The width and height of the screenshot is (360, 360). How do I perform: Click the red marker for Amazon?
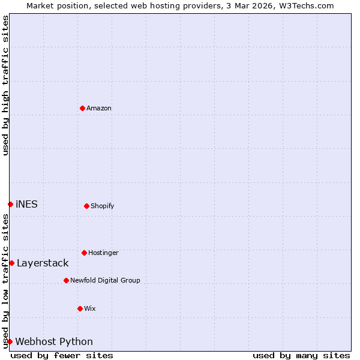(x=82, y=108)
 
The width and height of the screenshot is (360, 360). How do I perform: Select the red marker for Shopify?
(x=86, y=206)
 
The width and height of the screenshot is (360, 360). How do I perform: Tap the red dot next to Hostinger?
(x=84, y=253)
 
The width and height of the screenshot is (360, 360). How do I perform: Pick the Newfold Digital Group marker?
(x=66, y=280)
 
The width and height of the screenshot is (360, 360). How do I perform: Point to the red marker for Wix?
(x=80, y=308)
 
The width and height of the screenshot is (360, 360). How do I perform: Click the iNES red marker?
(x=10, y=204)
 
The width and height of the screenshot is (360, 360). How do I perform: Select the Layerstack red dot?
(x=11, y=263)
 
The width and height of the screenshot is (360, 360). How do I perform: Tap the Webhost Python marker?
(x=10, y=341)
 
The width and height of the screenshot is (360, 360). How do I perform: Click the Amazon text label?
(x=99, y=109)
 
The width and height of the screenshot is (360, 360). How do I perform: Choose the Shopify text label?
(x=103, y=206)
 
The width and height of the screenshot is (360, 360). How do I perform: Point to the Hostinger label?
(x=103, y=253)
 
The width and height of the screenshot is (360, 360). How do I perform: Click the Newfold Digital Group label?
(x=105, y=281)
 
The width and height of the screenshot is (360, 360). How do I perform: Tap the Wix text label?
(x=90, y=309)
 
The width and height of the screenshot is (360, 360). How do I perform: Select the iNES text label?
(x=26, y=205)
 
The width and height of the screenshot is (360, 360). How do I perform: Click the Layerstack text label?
(x=43, y=263)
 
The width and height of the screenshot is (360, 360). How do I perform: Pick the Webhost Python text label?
(x=54, y=342)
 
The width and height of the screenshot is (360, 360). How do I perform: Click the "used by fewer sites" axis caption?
(x=62, y=355)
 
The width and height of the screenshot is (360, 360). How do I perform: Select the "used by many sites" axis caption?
(x=301, y=355)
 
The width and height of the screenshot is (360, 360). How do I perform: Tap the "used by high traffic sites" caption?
(x=5, y=85)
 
